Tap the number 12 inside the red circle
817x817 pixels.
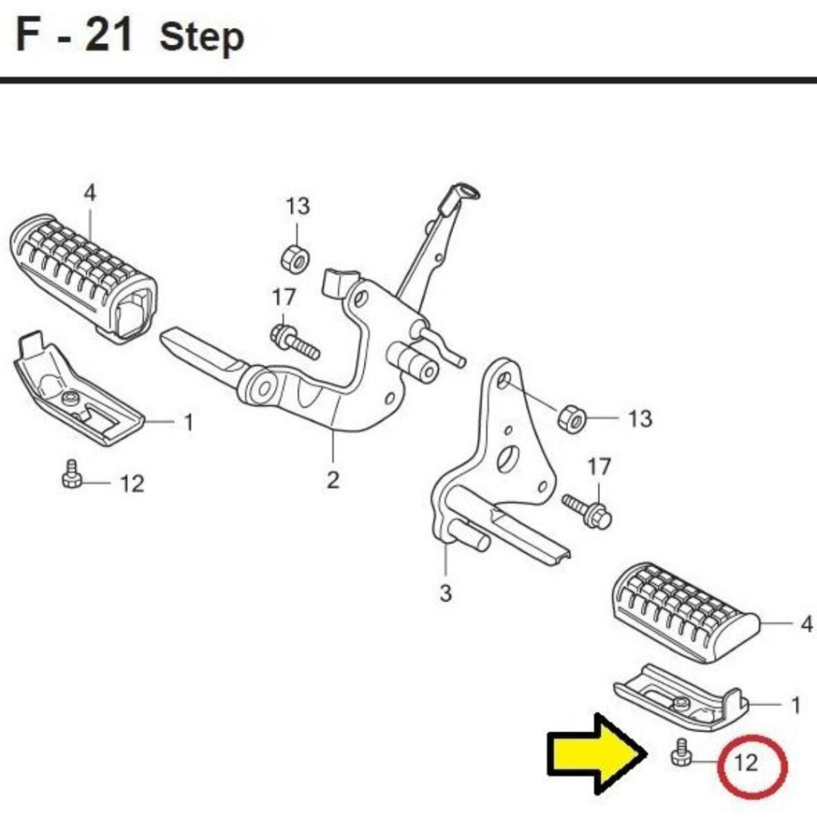pyautogui.click(x=746, y=762)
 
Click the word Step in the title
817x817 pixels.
pyautogui.click(x=202, y=38)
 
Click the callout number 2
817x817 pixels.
pyautogui.click(x=333, y=480)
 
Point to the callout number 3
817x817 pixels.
pyautogui.click(x=445, y=593)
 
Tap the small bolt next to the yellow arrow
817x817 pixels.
pyautogui.click(x=681, y=753)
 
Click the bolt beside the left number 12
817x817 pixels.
pyautogui.click(x=71, y=474)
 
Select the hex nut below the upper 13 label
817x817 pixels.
pyautogui.click(x=295, y=259)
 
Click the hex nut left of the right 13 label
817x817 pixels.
pyautogui.click(x=571, y=416)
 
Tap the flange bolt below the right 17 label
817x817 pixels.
pyautogui.click(x=587, y=511)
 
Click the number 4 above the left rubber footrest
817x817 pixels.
pyautogui.click(x=90, y=193)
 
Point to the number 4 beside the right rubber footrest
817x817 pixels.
pyautogui.click(x=806, y=624)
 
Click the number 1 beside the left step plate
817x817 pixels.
pyautogui.click(x=188, y=423)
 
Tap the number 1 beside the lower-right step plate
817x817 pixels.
pyautogui.click(x=795, y=705)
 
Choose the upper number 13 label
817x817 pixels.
pyautogui.click(x=298, y=207)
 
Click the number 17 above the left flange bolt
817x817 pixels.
pyautogui.click(x=284, y=298)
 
